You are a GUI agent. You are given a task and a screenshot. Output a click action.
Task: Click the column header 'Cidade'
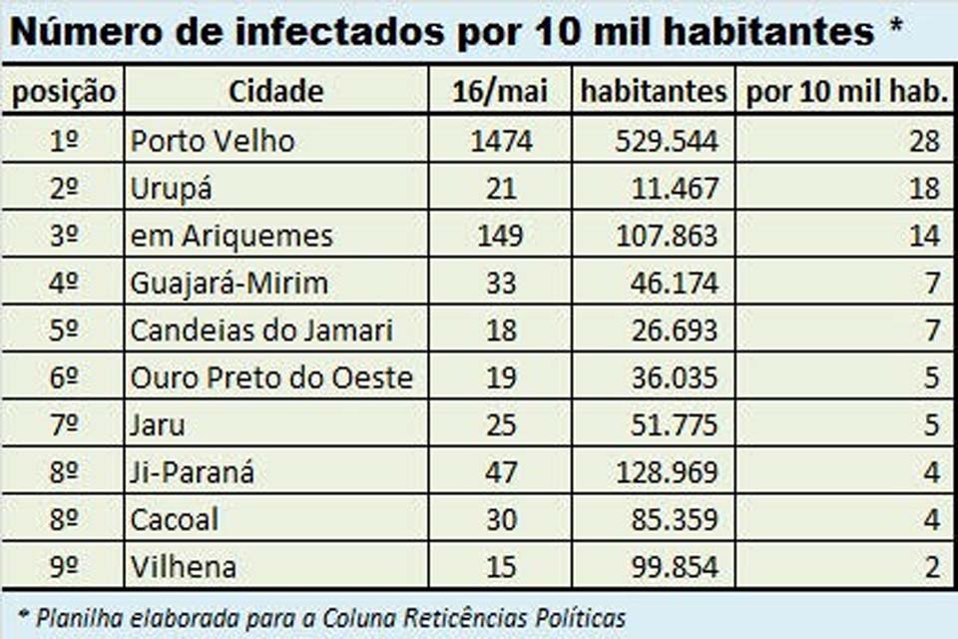tap(276, 92)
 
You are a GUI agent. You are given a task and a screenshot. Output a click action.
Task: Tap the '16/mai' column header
tap(500, 92)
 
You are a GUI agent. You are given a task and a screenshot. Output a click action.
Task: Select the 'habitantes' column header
tap(654, 92)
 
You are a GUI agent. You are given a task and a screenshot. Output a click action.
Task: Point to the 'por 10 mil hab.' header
tap(845, 92)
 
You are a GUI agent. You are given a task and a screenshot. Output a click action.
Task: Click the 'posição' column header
tap(63, 92)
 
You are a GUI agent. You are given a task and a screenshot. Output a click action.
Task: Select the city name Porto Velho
tap(213, 141)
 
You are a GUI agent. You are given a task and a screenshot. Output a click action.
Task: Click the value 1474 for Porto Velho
tap(500, 141)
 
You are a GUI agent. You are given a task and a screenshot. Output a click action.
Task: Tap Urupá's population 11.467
tap(675, 189)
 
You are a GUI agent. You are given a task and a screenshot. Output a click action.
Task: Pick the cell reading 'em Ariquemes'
tap(232, 237)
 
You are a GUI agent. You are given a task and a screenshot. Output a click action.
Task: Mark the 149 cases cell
tap(500, 237)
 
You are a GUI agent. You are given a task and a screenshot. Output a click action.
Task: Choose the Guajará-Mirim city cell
tap(229, 284)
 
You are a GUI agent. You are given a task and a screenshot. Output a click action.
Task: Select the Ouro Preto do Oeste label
tap(271, 378)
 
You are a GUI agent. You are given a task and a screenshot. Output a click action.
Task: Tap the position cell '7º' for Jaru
tap(63, 425)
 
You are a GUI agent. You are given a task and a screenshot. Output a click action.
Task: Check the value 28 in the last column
tap(924, 141)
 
